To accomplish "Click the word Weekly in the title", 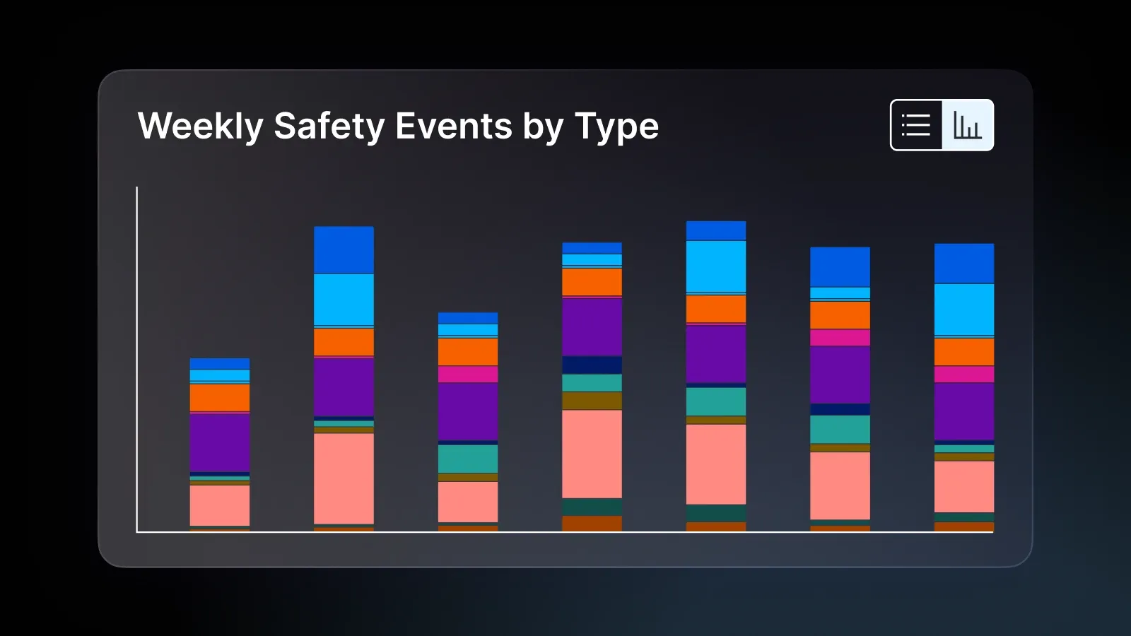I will pyautogui.click(x=200, y=126).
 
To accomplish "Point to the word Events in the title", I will pyautogui.click(x=453, y=126).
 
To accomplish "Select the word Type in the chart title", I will pyautogui.click(x=616, y=126).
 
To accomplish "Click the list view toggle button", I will pyautogui.click(x=916, y=125).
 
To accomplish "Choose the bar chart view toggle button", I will pyautogui.click(x=968, y=125).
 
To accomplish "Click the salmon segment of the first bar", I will pyautogui.click(x=220, y=505).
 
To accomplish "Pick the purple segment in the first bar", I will pyautogui.click(x=220, y=442).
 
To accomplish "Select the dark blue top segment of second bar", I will pyautogui.click(x=344, y=250).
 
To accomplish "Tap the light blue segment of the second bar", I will pyautogui.click(x=344, y=300).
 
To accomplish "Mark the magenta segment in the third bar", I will pyautogui.click(x=468, y=374).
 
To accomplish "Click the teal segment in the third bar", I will pyautogui.click(x=468, y=459).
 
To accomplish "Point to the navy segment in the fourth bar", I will pyautogui.click(x=592, y=365).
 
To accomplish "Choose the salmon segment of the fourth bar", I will pyautogui.click(x=592, y=454).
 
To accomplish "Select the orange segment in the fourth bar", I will pyautogui.click(x=592, y=282).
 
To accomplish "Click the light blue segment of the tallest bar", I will pyautogui.click(x=716, y=266).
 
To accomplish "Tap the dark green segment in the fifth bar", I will pyautogui.click(x=716, y=513).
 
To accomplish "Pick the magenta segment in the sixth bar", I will pyautogui.click(x=840, y=337).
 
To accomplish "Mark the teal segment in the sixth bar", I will pyautogui.click(x=840, y=429).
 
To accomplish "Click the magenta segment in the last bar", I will pyautogui.click(x=964, y=374).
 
